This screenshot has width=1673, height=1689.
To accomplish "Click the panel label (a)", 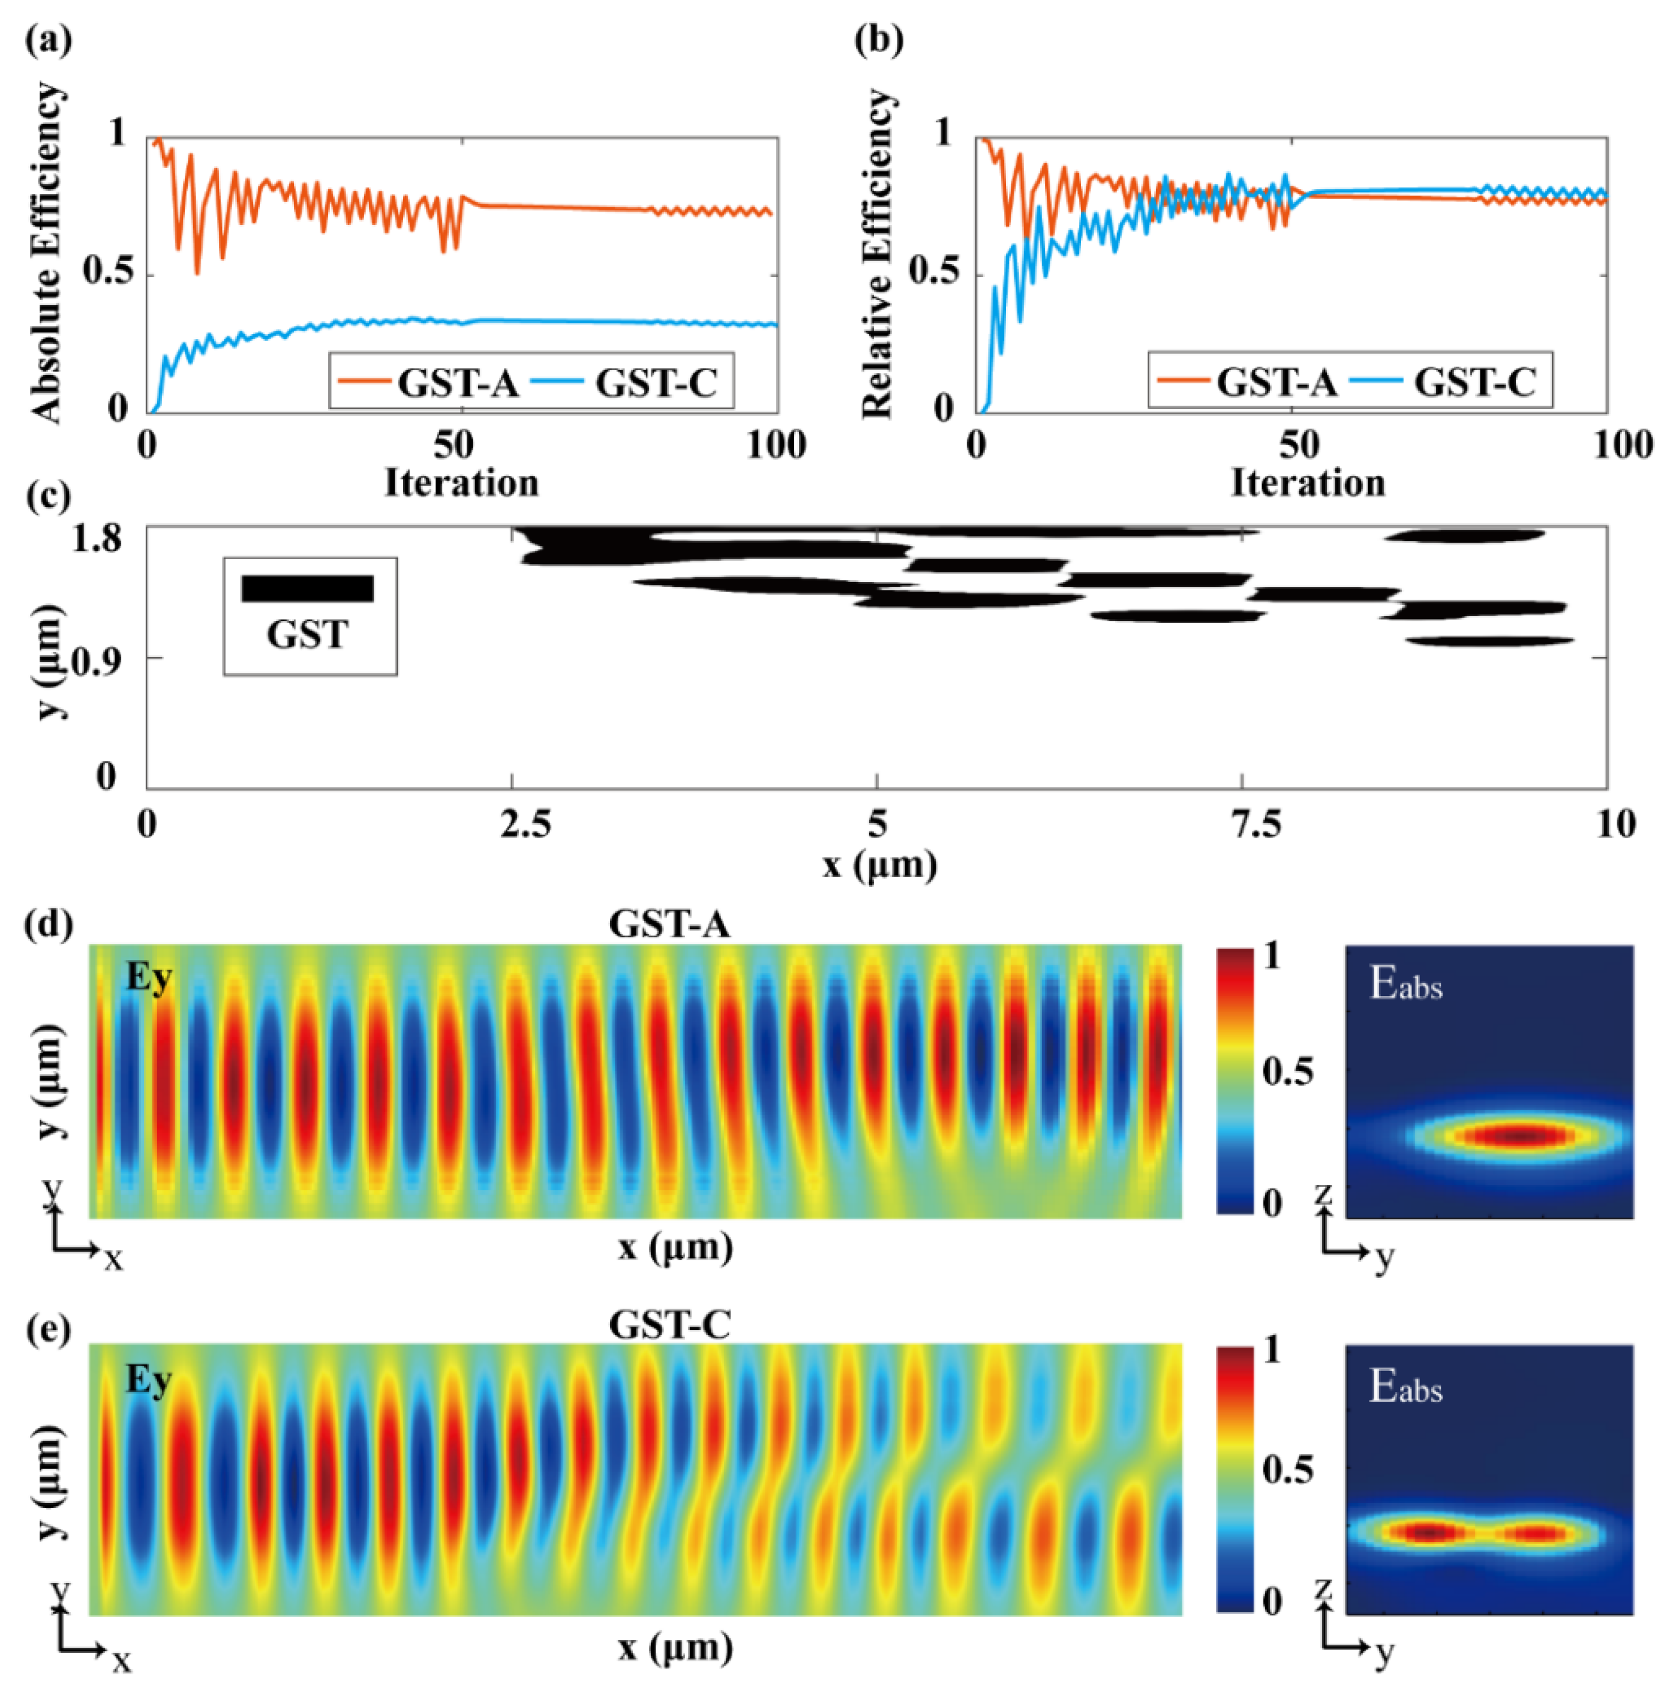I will (48, 40).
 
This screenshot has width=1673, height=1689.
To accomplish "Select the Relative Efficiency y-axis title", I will (877, 254).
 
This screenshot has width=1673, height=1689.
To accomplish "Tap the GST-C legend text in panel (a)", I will (656, 383).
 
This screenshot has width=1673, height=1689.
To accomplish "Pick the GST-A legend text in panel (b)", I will (1276, 383).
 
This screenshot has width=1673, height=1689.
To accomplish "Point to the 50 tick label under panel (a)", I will (453, 445).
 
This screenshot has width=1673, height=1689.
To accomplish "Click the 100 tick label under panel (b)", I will (1622, 445).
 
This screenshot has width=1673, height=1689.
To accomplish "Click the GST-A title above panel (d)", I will (669, 924).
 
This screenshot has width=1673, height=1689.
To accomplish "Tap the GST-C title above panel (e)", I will (669, 1324).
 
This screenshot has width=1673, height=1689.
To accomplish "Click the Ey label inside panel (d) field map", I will (149, 977).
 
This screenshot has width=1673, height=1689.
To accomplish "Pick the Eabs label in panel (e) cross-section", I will (1405, 1387).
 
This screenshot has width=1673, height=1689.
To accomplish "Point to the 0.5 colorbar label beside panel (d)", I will (1287, 1071).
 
